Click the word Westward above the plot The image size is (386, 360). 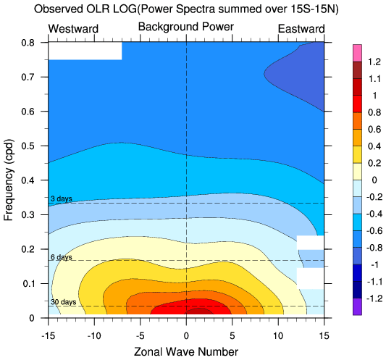coord(73,29)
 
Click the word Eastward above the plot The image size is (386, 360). coord(301,29)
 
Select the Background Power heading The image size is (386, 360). coord(186,27)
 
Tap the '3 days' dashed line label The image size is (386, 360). coord(62,198)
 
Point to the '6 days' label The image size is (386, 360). coord(62,257)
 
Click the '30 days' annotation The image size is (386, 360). coord(63,302)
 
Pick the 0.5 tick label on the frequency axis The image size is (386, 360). coord(28,146)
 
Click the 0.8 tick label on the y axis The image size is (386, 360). coord(28,43)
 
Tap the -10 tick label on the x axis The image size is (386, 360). coord(94,335)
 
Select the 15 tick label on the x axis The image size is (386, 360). coord(324,335)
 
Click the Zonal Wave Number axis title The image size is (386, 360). coord(186,351)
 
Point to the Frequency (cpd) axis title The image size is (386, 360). coord(9,180)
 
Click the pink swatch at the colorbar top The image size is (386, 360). coord(357,53)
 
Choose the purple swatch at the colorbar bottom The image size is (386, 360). coord(357,307)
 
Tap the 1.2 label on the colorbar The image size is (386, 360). coord(374,62)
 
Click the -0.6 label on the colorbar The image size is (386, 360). coord(374,231)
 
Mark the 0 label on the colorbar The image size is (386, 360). coord(374,180)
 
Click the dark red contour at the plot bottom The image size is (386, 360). coord(199,311)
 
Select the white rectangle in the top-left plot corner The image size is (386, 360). coord(85,51)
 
